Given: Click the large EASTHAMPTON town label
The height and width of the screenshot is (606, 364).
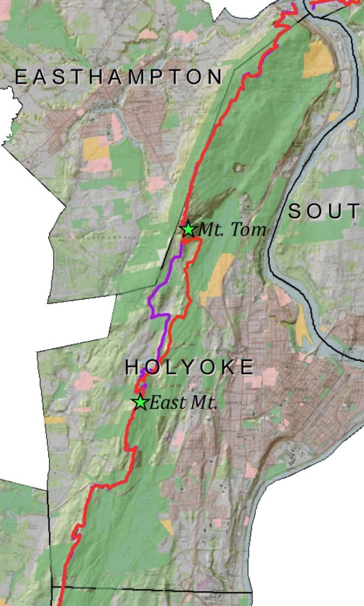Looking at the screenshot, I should pos(118,76).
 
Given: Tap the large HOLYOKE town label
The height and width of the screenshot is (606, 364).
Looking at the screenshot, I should pos(189,368).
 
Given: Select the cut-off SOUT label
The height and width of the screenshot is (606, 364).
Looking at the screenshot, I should pos(324,211).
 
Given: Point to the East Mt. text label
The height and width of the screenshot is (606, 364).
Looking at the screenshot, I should pos(183,404).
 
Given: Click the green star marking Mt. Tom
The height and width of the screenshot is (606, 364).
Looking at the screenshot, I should pos(188,229).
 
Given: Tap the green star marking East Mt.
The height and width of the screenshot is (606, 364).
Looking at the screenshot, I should pos(140,403).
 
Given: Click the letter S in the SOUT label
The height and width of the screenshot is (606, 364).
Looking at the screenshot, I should pos(295,211).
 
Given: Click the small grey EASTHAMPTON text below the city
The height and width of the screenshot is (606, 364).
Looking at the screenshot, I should pos(109,237).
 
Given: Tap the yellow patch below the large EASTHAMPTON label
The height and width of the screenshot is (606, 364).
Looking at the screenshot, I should pos(96,149).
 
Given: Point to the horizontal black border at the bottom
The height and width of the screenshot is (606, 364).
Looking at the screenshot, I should pos(154,589).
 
